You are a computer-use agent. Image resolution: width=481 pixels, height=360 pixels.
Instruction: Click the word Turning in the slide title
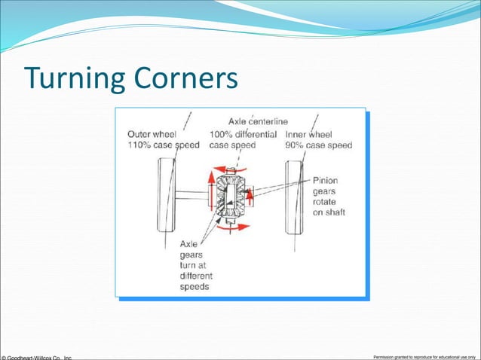coord(67,78)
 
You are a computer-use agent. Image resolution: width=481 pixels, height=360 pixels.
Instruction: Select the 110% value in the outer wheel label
coord(139,145)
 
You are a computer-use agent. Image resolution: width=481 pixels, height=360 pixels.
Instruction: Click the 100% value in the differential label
coord(222,135)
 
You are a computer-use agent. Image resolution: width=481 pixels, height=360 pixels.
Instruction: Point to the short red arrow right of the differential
coord(250,197)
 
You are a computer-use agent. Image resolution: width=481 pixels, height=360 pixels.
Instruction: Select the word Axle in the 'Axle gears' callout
coord(191,244)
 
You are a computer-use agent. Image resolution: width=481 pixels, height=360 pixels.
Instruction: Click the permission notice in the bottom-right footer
coord(425,355)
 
